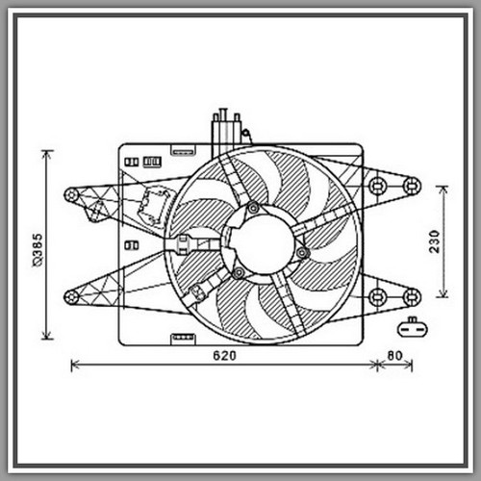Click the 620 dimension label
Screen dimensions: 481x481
(224, 356)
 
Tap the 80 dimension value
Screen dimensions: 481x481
(394, 356)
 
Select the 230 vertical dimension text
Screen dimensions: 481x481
(435, 241)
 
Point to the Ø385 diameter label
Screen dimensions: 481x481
(38, 250)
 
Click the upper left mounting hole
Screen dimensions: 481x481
(71, 195)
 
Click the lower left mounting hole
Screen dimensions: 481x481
(71, 297)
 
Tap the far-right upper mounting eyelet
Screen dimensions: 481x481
(412, 186)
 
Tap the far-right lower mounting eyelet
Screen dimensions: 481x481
(412, 297)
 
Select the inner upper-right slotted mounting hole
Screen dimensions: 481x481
(377, 186)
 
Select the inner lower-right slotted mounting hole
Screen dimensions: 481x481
(377, 297)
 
